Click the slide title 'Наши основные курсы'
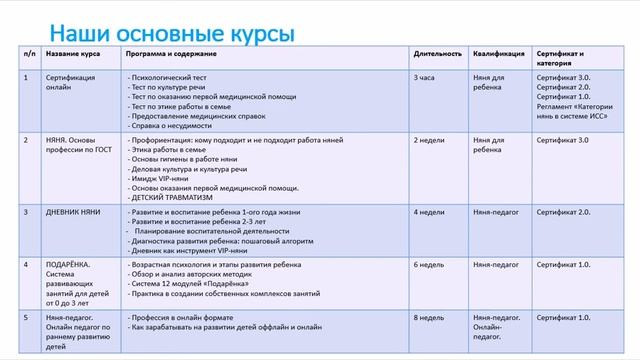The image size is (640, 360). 172,34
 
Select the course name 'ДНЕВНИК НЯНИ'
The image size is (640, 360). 76,212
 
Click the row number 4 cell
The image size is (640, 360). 26,265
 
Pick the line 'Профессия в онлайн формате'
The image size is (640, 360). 181,317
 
